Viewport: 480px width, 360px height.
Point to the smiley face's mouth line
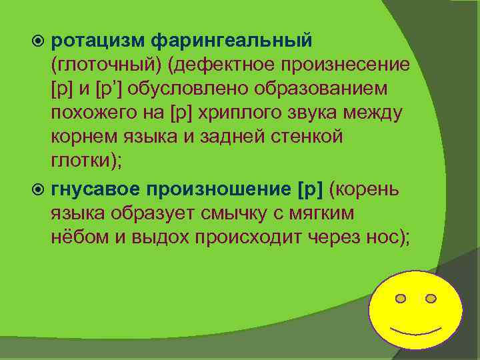pos(415,331)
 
